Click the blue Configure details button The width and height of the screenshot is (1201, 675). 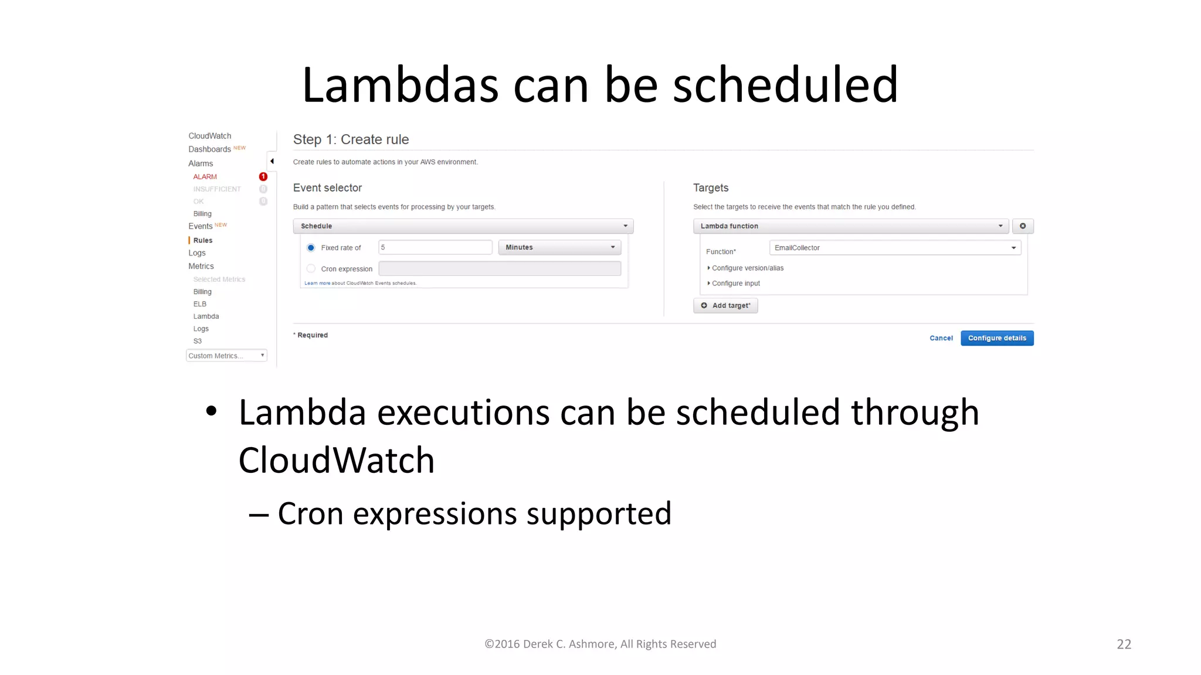[996, 338]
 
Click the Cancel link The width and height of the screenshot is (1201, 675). [941, 338]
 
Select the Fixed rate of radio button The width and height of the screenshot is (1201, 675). [311, 248]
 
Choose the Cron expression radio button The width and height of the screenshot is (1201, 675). [311, 269]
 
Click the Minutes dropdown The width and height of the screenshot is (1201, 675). [559, 247]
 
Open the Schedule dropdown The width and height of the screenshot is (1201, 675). [463, 226]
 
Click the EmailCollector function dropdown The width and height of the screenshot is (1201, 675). [894, 248]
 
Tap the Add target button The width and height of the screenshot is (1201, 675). [725, 306]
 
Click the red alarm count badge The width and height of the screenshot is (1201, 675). [263, 176]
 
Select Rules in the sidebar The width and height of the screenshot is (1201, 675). [203, 240]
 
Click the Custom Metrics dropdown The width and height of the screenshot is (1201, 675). [226, 356]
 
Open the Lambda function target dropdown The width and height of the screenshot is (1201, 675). [850, 226]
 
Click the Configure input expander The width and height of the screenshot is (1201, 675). [735, 284]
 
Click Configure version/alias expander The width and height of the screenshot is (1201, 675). [747, 268]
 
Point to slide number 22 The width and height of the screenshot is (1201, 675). [1124, 644]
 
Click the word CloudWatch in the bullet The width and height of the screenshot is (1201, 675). [336, 461]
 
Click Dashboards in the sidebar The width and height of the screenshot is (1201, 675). [209, 149]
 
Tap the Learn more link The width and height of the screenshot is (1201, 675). [317, 283]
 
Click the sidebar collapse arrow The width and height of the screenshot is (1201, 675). [272, 161]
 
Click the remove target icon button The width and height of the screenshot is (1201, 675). [1023, 226]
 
